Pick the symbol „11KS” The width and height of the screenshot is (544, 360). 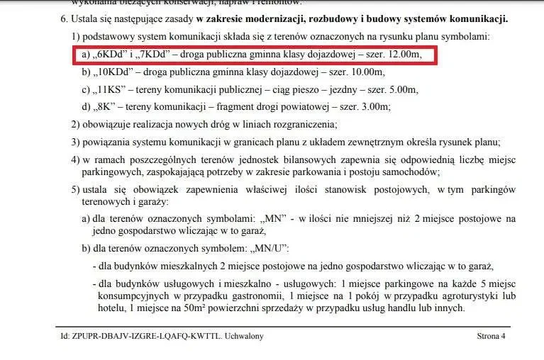point(111,89)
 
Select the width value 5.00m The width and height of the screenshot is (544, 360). point(401,89)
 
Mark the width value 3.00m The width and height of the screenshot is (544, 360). point(373,106)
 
